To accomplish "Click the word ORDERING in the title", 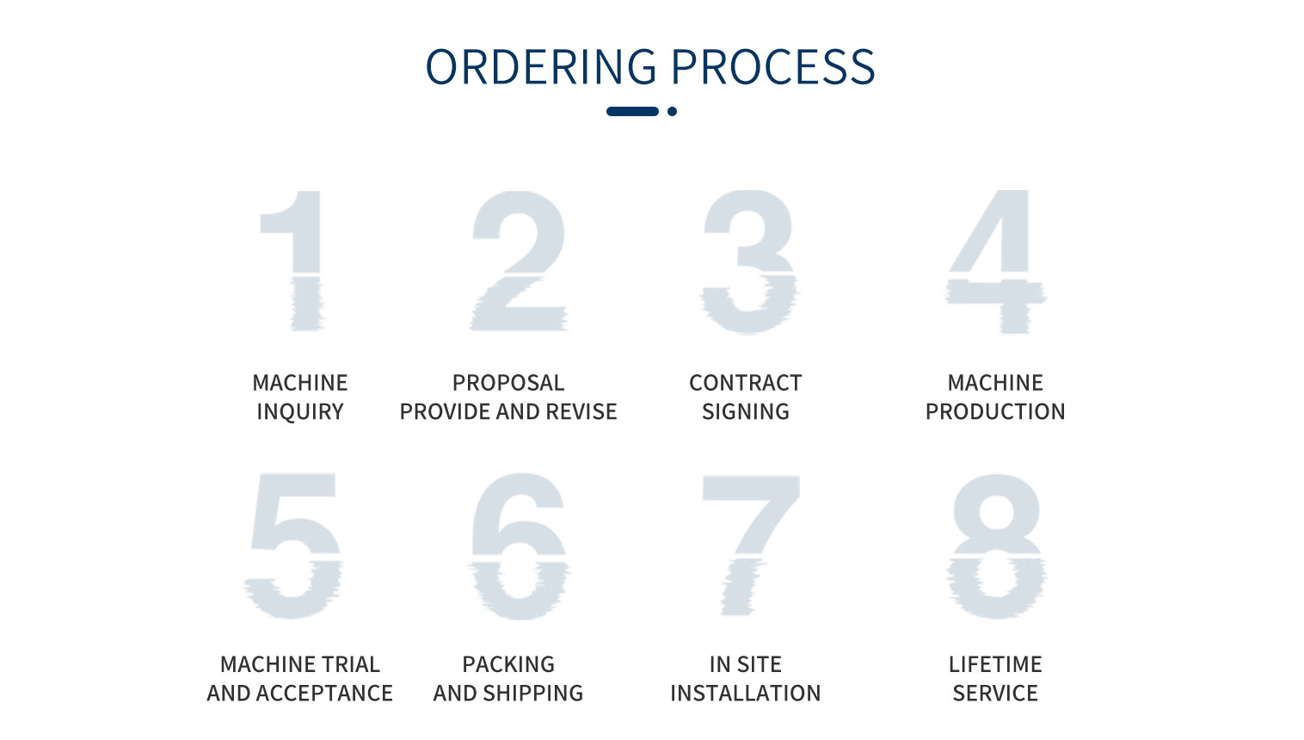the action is pos(541,66).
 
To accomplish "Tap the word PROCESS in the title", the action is pos(773,66).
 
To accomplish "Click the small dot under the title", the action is pos(672,111).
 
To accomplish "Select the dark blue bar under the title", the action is pos(633,111).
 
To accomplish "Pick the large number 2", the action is pos(518,261).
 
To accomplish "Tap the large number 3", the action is pos(748,262).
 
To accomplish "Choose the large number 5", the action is pos(293,546).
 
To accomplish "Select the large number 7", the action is pos(751,545).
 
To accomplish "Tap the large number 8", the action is pos(997,546).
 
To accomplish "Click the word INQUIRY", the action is pos(300,411).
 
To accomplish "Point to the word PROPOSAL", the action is pos(508,383).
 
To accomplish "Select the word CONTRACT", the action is pos(745,383).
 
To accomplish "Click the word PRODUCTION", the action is pos(995,411).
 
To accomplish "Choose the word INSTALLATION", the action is pos(745,693).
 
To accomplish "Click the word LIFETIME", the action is pos(995,664).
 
